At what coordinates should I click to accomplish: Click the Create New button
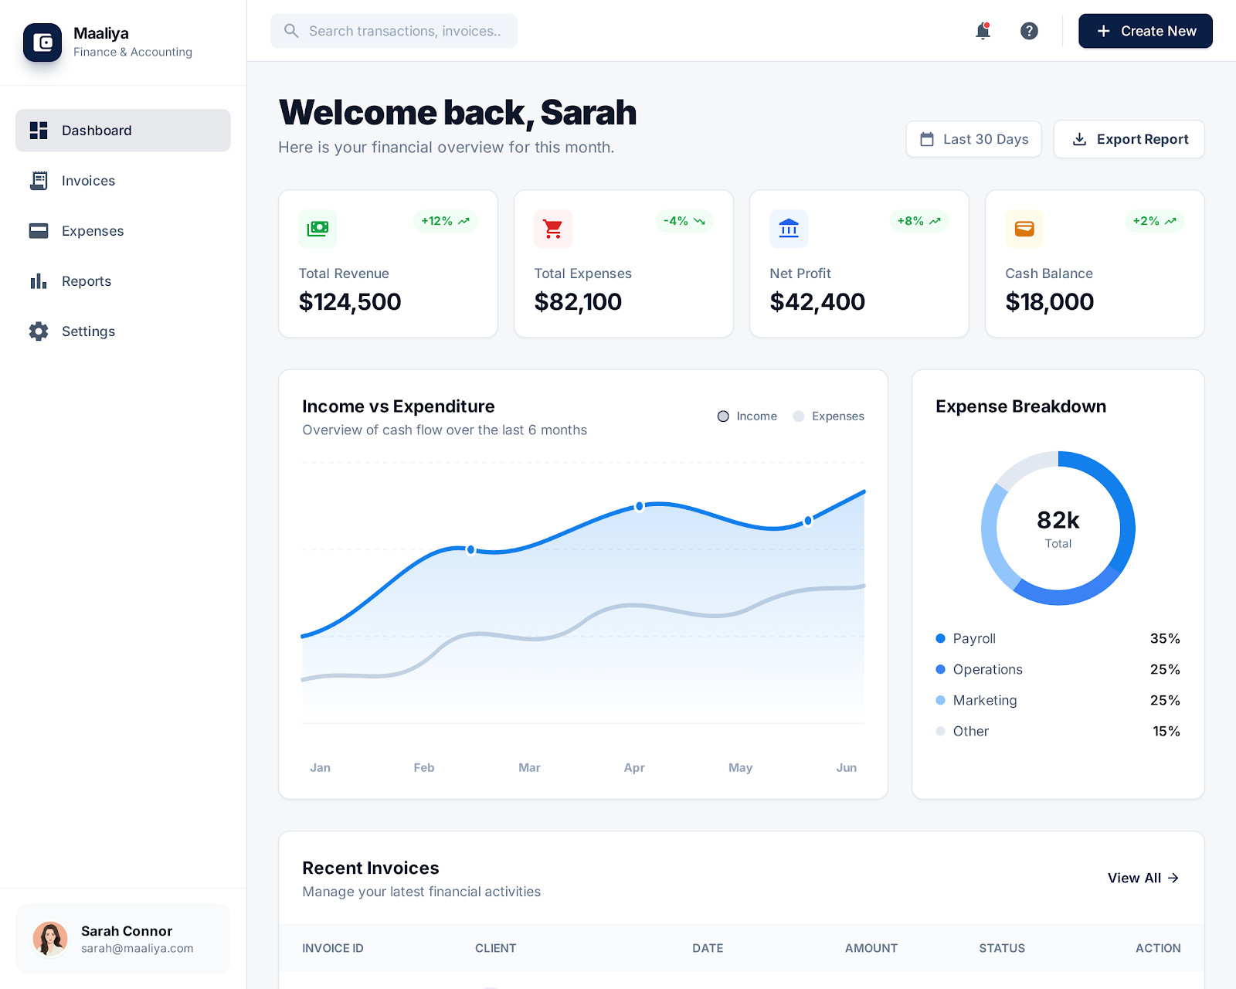point(1145,31)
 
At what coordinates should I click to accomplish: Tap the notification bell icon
point(983,31)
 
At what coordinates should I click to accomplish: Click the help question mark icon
point(1029,31)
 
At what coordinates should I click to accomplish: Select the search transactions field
point(394,31)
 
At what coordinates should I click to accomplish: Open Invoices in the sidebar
point(88,181)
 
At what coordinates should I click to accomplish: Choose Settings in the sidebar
point(88,331)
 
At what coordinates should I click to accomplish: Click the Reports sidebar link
point(87,281)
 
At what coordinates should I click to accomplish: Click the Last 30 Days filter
point(973,139)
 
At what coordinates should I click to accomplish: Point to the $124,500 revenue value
point(350,302)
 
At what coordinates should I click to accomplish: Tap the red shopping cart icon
point(553,229)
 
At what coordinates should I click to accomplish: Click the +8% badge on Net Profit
point(919,221)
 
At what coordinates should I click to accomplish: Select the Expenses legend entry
point(829,416)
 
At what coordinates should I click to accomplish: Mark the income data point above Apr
point(640,507)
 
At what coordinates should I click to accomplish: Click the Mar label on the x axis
point(529,767)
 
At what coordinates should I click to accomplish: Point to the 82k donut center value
point(1058,521)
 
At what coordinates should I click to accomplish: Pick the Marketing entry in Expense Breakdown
point(984,700)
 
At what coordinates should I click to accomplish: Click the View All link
point(1143,878)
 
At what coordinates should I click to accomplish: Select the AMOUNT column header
point(871,948)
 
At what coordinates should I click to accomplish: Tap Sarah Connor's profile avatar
point(50,938)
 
